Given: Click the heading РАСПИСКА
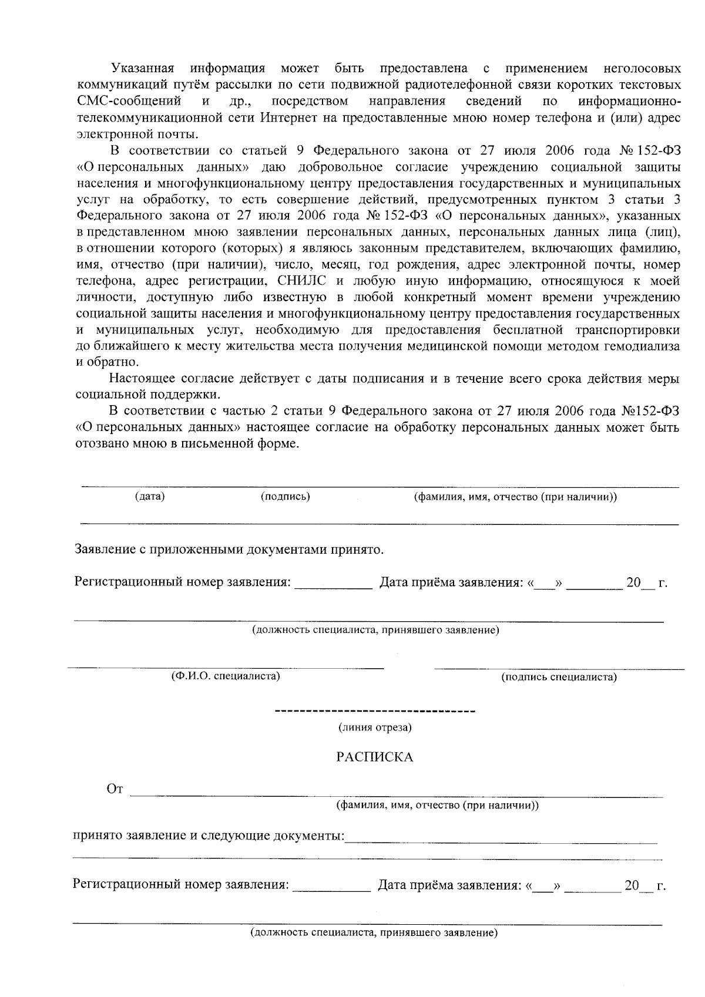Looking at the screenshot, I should pos(374,757).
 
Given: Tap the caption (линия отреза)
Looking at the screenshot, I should pos(374,727).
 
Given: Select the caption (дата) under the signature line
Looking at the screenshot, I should pos(150,497).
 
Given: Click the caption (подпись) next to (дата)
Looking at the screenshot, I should pos(285,497).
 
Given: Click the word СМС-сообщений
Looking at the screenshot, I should pos(129,101).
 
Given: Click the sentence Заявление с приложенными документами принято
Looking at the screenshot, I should pos(229,550).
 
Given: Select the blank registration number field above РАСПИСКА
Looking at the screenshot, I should pos(333,583).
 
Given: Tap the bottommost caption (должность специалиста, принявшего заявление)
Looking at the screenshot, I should pos(374,933).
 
